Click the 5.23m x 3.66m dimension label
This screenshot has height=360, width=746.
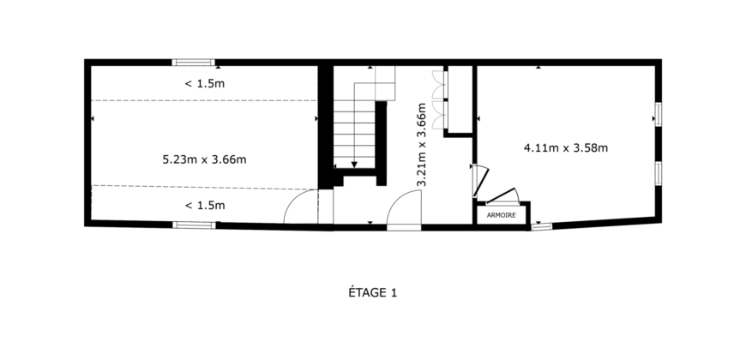pos(204,159)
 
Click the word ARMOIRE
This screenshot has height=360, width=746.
pos(501,215)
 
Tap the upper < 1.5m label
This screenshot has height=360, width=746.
pos(205,84)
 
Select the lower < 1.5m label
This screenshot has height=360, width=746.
pos(205,205)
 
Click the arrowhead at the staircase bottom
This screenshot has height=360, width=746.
pos(353,165)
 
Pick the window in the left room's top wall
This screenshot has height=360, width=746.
pos(193,62)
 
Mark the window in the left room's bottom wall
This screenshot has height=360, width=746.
pos(193,225)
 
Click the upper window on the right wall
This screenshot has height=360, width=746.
pos(658,115)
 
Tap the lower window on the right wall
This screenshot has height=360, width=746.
pos(658,173)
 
